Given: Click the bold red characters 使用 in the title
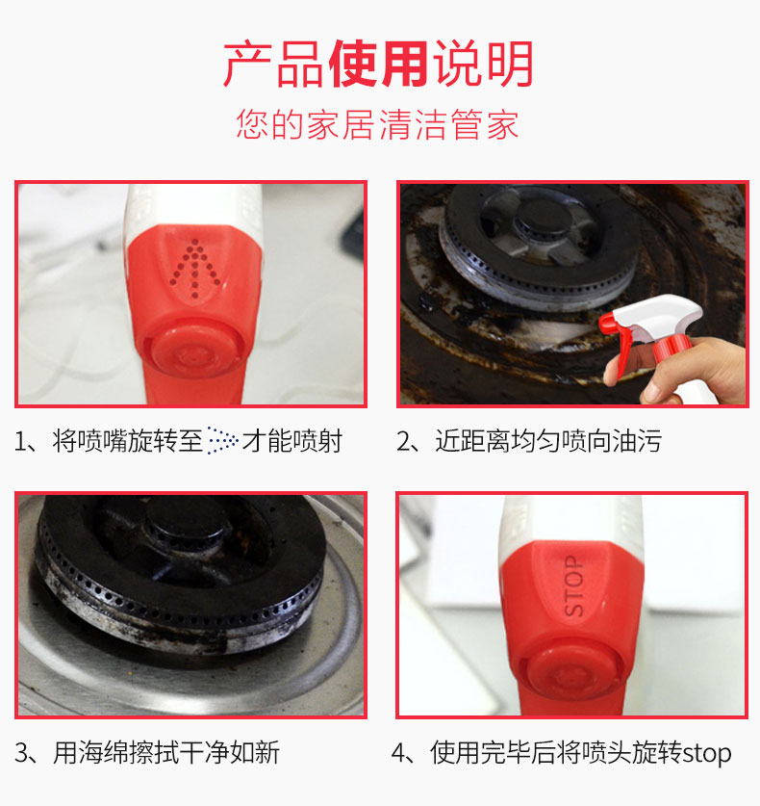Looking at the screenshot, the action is (378, 65).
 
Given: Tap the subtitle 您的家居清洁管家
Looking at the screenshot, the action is (377, 124).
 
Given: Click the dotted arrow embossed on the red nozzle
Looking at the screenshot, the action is (195, 269).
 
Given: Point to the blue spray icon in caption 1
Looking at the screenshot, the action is (222, 440).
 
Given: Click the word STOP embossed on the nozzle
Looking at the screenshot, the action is (574, 585).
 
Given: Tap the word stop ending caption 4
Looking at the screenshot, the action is (706, 754).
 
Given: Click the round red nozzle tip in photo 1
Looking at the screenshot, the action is (195, 349).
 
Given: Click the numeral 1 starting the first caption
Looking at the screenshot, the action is (20, 442).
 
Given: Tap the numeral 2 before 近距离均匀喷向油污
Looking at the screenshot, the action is (404, 442).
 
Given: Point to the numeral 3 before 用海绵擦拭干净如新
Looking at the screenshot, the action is (22, 754).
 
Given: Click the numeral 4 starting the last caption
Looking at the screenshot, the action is (399, 754).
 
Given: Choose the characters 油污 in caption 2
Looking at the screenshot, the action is (636, 441).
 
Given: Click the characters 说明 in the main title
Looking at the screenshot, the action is (483, 65).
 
